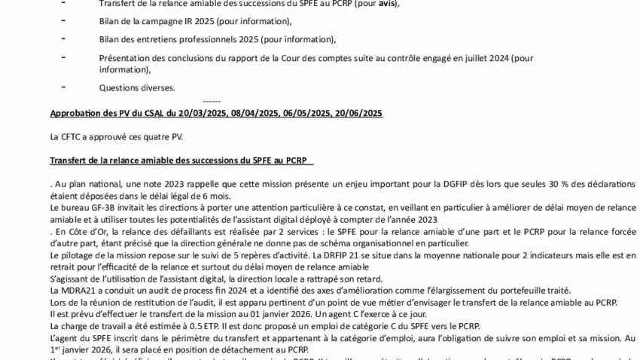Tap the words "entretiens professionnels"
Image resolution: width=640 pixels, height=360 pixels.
[188, 39]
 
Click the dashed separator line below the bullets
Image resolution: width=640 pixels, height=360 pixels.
[212, 101]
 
